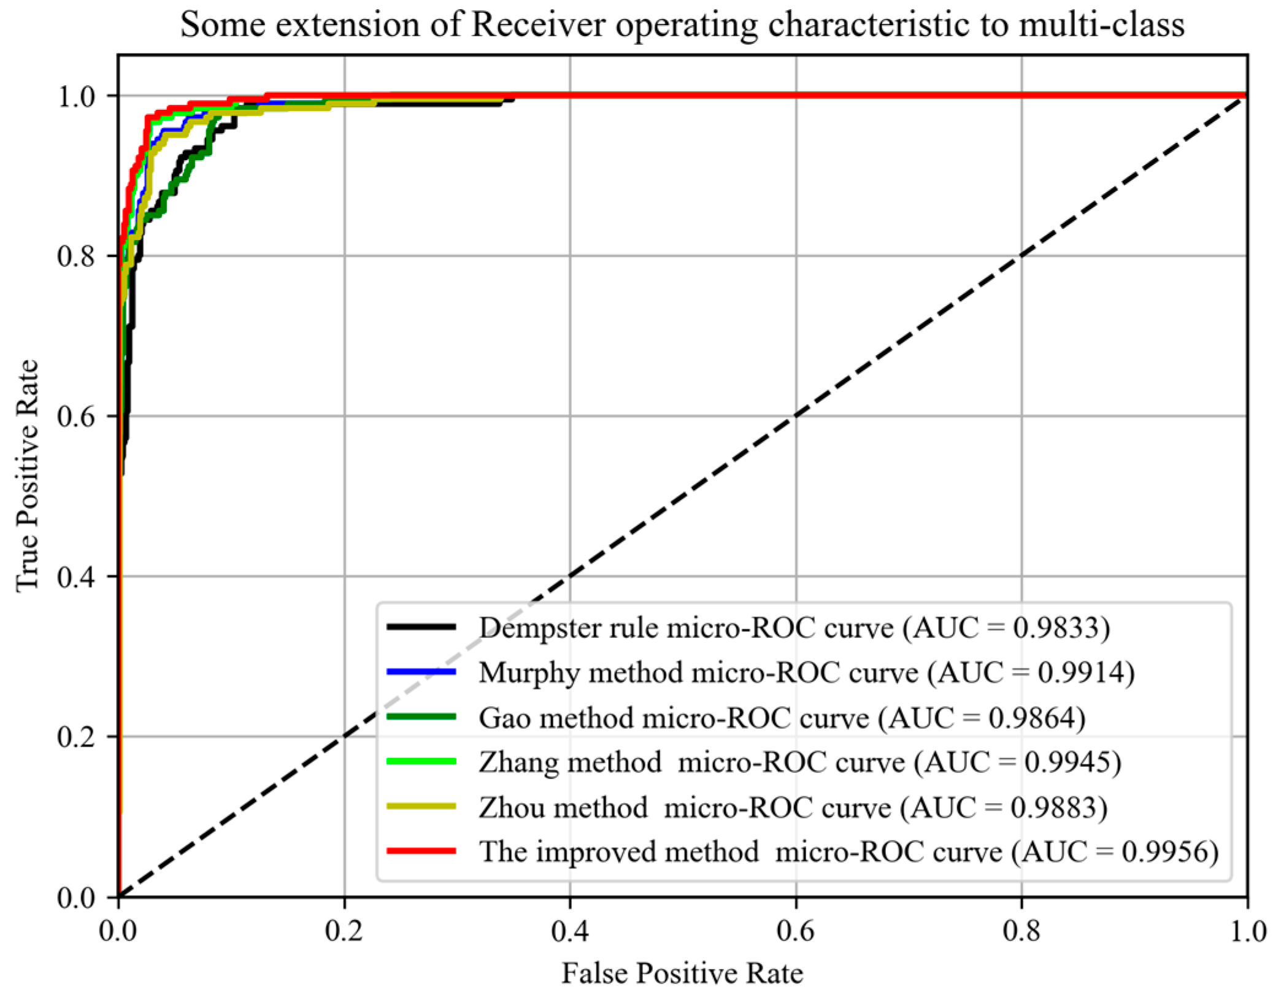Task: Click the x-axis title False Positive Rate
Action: coord(682,973)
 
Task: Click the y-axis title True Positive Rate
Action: coord(27,475)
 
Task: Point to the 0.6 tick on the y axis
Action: coord(76,417)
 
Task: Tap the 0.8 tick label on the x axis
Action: coord(1021,931)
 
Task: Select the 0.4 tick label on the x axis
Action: coord(569,931)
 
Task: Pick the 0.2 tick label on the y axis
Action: coord(76,737)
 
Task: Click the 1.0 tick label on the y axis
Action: coord(76,96)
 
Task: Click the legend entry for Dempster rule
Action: coord(794,628)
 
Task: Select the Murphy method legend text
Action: coord(806,672)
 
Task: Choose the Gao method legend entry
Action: coord(782,718)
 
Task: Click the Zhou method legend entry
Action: coord(793,807)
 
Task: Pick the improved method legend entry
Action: coord(848,852)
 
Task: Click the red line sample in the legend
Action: coord(421,851)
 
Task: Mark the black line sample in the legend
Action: coord(421,626)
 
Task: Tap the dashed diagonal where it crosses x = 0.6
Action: coord(796,417)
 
